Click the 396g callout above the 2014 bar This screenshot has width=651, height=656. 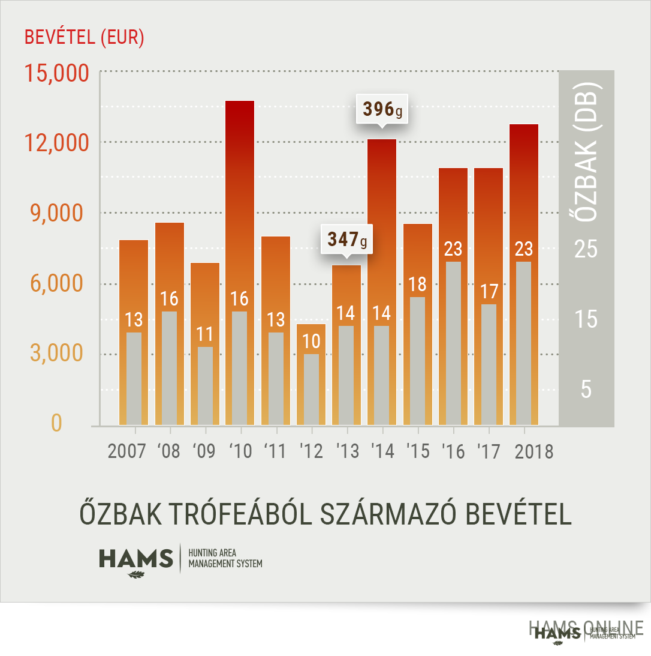pos(381,109)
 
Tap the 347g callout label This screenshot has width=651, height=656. pos(346,239)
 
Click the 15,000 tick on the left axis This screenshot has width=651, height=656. pos(56,73)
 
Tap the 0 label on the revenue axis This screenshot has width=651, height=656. pos(56,424)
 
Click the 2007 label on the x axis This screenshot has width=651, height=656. pos(126,451)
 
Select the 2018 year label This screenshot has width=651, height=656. pos(534,451)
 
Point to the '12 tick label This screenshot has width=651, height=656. pos(312,451)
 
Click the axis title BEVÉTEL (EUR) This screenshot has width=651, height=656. pos(84,37)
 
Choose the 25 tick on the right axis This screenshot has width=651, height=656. pos(586,249)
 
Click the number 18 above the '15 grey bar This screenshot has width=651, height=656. pos(417,284)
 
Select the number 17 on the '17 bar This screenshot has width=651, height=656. pos(489,292)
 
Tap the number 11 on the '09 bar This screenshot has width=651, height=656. pos(204,334)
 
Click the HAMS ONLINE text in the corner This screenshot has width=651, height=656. pos(586,628)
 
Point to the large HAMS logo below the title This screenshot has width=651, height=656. pos(136,559)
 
